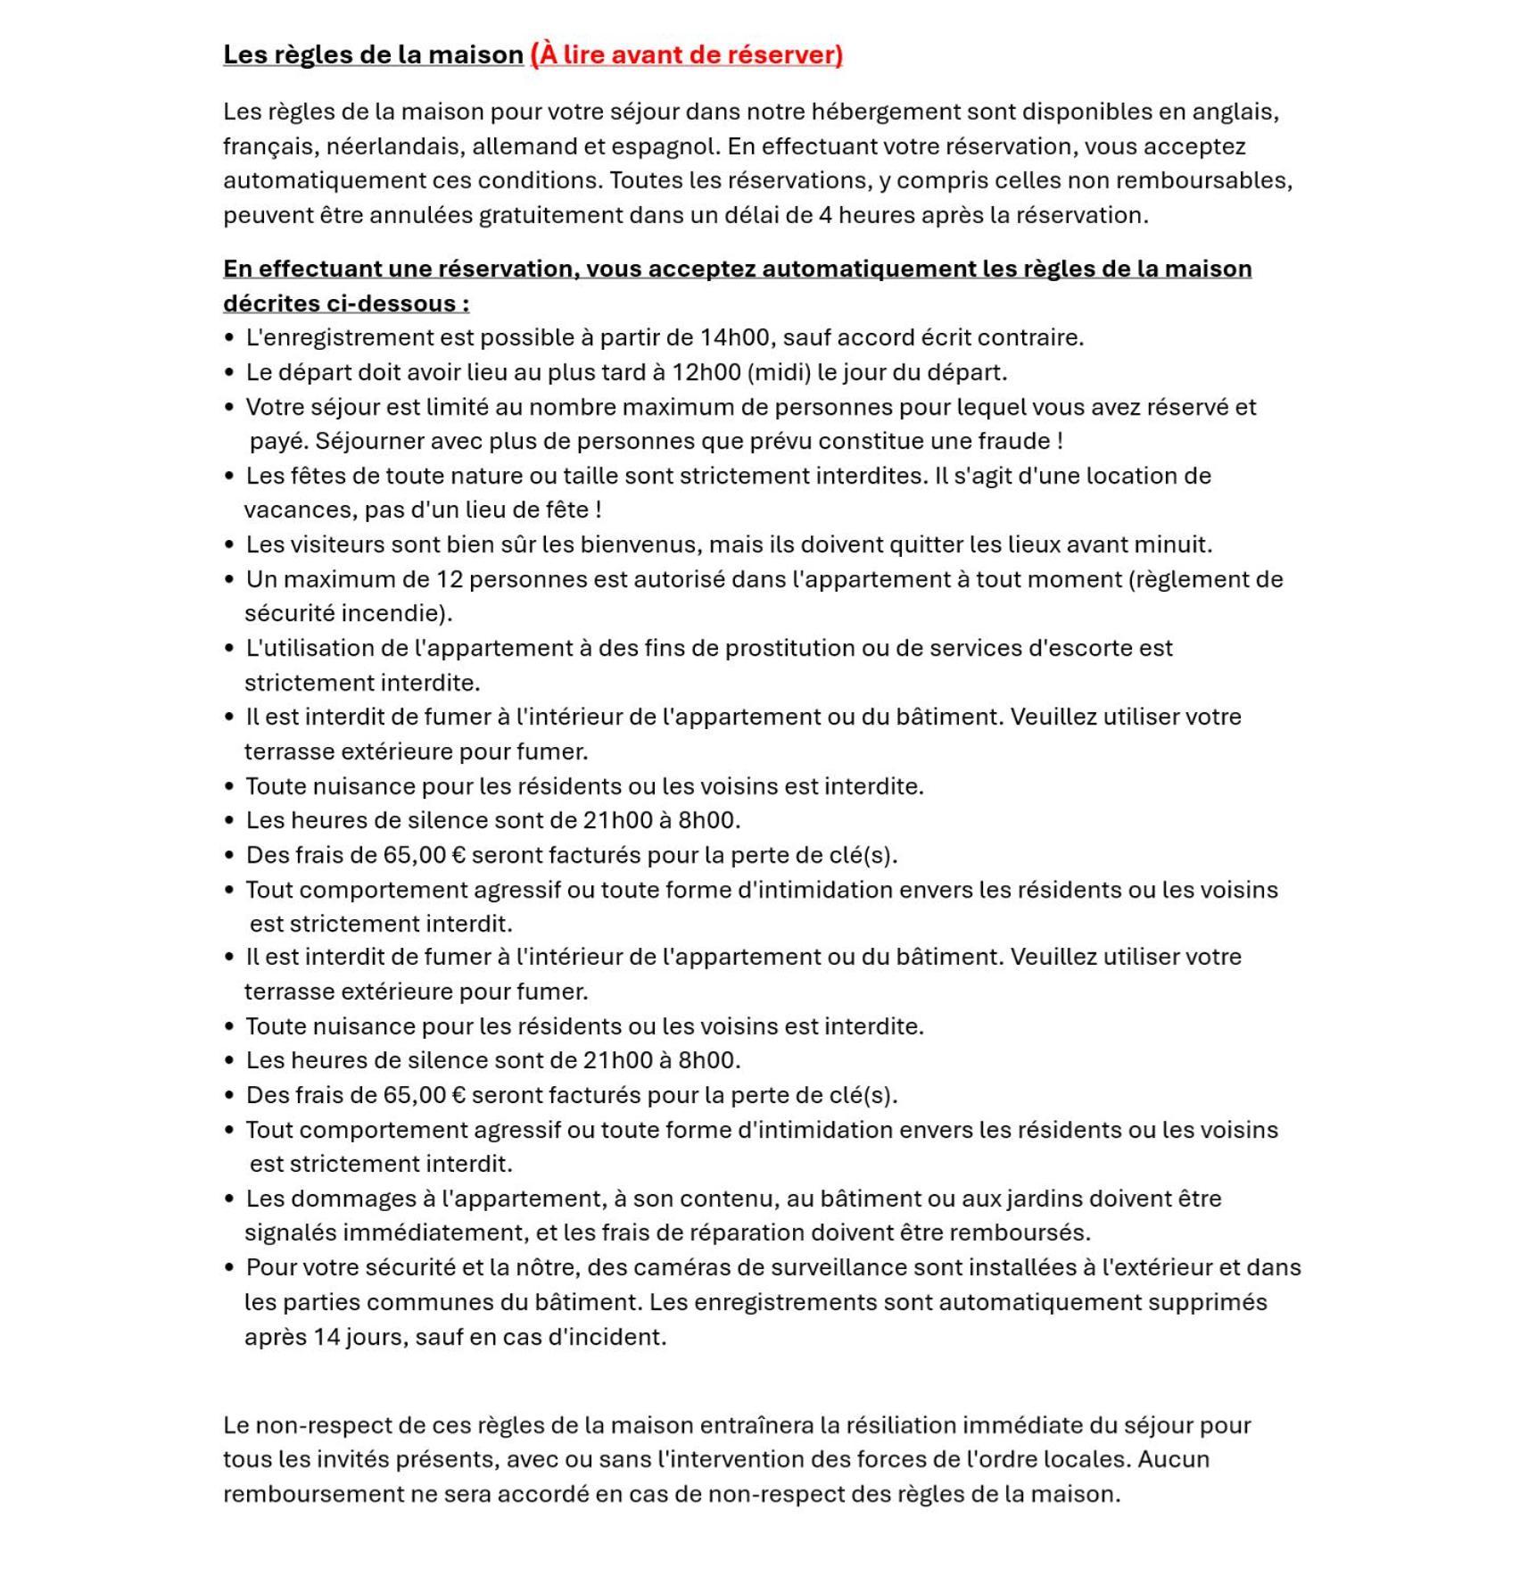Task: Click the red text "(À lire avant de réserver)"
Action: [685, 54]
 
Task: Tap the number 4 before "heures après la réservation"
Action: [825, 215]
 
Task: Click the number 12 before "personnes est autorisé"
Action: [449, 579]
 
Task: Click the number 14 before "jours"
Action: [326, 1337]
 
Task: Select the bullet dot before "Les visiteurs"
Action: [229, 544]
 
